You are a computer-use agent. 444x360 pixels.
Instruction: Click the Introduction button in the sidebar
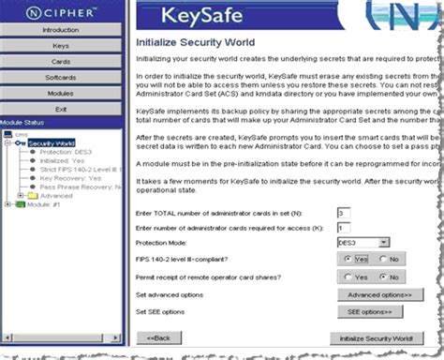[x=61, y=30]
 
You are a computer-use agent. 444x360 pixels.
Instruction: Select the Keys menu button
[x=61, y=45]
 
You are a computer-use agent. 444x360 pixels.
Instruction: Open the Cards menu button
[x=61, y=61]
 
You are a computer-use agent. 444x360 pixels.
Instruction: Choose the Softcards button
[x=61, y=77]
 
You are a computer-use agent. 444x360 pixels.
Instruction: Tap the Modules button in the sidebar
[x=61, y=93]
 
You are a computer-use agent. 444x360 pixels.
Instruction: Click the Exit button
[x=61, y=109]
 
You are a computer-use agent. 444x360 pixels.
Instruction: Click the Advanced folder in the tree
[x=55, y=195]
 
